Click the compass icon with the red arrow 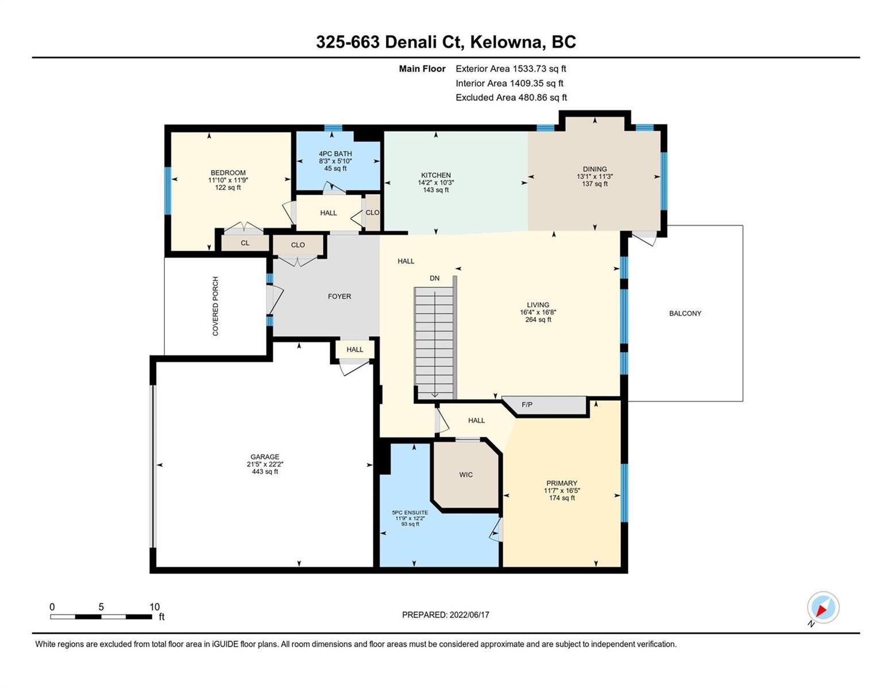coord(823,607)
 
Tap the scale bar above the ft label coord(101,616)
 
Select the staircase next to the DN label coord(434,343)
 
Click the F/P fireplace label coord(527,405)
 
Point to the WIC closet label coord(466,475)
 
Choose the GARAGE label coord(265,456)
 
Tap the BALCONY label coord(685,313)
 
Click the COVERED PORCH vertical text coord(215,306)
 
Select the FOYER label coord(339,296)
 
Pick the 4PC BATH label coord(335,154)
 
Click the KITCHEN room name coord(436,175)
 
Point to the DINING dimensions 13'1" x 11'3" coord(595,176)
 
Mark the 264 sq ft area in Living coord(538,319)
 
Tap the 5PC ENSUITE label coord(410,513)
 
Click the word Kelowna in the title coord(508,42)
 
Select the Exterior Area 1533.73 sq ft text coord(511,68)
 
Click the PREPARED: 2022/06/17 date coord(445,615)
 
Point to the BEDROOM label coord(228,173)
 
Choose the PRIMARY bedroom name coord(562,483)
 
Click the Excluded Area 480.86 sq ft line coord(511,97)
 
